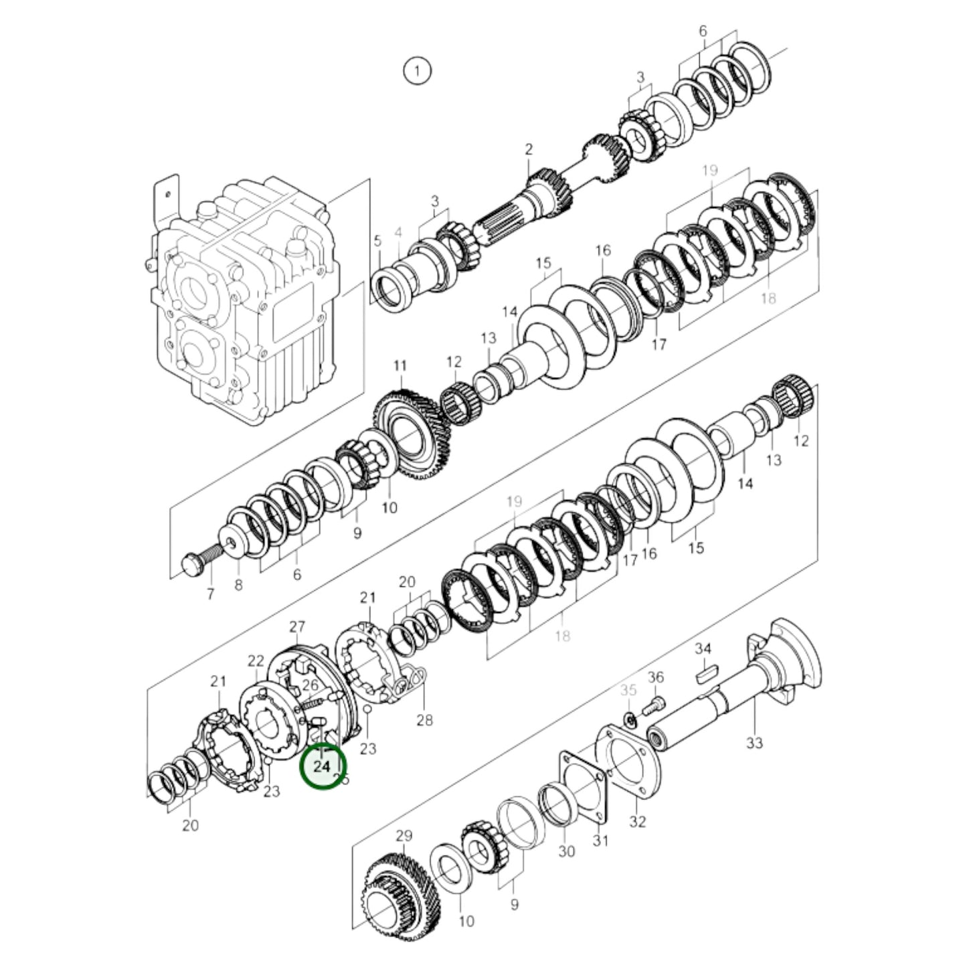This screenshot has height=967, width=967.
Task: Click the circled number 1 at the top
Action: [418, 71]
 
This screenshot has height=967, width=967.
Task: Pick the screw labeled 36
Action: [652, 705]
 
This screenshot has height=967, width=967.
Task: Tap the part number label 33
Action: [754, 742]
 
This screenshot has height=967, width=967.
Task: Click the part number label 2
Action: [529, 149]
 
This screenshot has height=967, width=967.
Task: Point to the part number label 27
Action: [297, 626]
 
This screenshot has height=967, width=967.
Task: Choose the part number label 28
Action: [424, 719]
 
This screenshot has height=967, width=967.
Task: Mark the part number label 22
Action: [256, 661]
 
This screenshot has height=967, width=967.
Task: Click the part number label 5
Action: [377, 240]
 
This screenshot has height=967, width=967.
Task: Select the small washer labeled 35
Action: [629, 719]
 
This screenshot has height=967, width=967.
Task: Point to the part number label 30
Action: [566, 851]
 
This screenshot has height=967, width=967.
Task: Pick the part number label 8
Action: [238, 586]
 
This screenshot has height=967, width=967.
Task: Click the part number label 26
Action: [310, 685]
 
